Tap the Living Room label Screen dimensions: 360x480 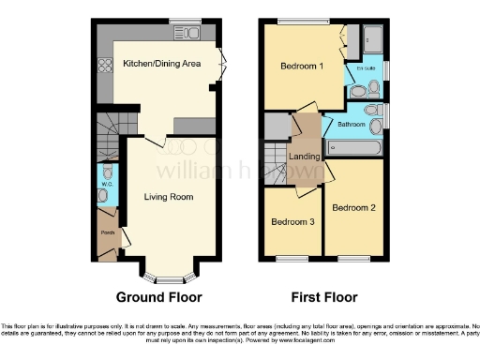tap(169, 197)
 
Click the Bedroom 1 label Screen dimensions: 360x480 tap(303, 67)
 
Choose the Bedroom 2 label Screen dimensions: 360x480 tap(353, 207)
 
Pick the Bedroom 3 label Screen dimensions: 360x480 tap(292, 222)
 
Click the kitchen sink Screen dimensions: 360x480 tap(187, 35)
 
